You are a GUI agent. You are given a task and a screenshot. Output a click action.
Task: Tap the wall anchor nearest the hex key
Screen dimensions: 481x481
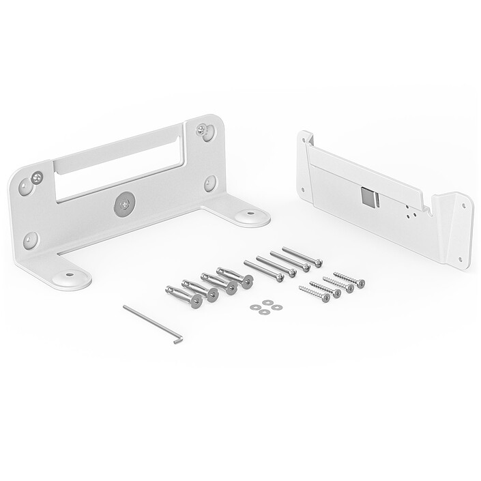coord(183,295)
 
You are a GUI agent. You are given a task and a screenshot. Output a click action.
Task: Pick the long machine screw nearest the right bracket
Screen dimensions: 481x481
coord(302,257)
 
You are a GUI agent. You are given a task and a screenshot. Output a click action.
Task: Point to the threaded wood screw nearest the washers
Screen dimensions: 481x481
coord(314,294)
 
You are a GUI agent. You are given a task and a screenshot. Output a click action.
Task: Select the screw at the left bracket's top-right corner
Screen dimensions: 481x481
coord(203,129)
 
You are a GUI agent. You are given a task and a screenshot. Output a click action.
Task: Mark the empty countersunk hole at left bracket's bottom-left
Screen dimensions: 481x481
coord(29,239)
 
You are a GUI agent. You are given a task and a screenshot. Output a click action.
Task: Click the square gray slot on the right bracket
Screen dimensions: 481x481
coord(370,197)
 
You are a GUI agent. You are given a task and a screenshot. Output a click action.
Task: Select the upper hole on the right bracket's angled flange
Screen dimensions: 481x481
coord(465,205)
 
